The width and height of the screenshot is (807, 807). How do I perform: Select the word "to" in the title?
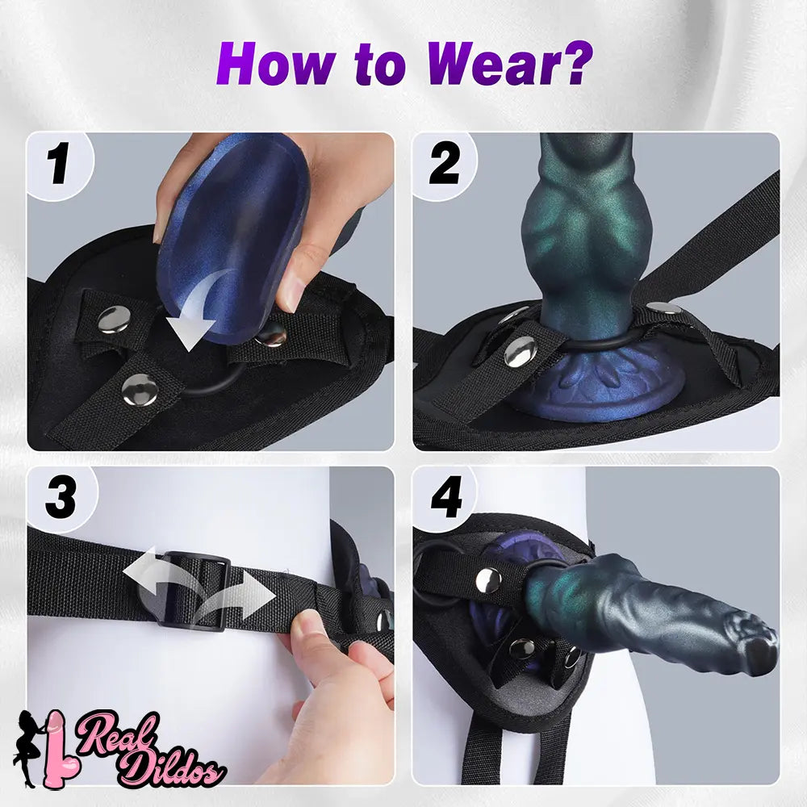tap(381, 65)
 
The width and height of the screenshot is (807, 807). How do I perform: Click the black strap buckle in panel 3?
tap(194, 591)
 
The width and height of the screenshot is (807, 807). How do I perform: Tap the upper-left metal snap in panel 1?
tap(114, 319)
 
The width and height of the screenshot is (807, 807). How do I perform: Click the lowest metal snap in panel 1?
tap(140, 390)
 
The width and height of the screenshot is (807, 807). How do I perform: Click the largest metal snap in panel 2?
tap(520, 351)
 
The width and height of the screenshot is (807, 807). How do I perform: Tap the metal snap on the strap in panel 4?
tap(488, 580)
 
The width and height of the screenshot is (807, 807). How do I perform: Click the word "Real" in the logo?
tap(117, 732)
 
